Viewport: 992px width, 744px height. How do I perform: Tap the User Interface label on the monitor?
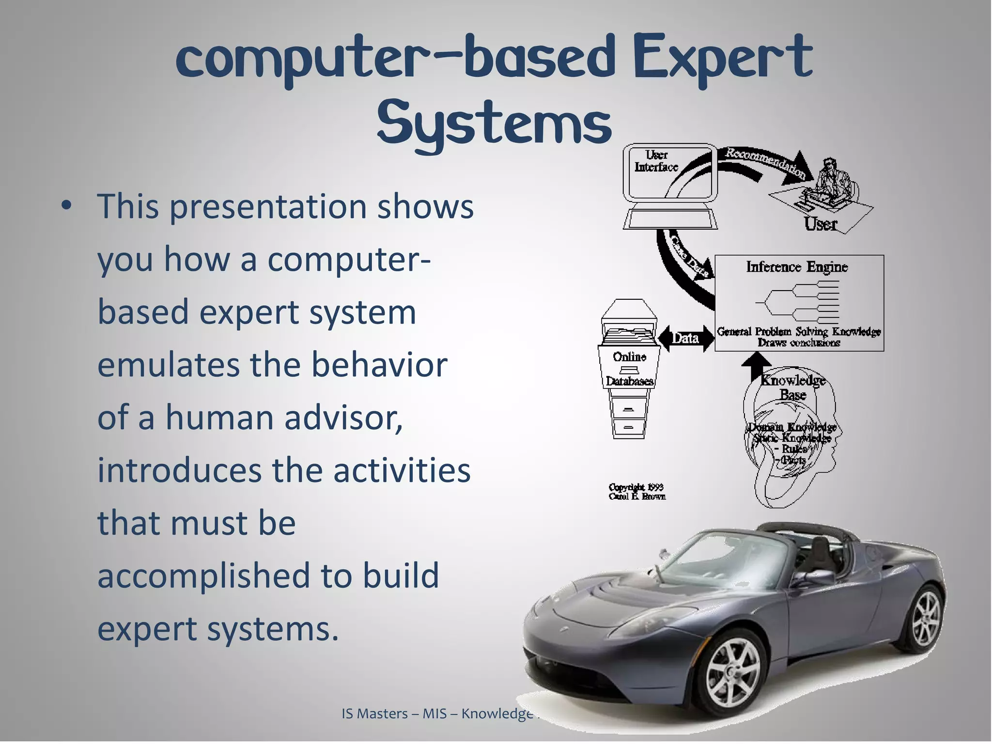(x=656, y=161)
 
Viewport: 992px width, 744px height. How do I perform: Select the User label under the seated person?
(x=821, y=224)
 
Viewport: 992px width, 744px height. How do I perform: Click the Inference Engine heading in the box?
(x=797, y=267)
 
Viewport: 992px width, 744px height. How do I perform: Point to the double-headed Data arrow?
(x=685, y=338)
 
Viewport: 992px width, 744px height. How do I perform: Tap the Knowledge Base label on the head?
(x=792, y=387)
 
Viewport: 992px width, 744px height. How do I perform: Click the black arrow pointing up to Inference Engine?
(x=756, y=366)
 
